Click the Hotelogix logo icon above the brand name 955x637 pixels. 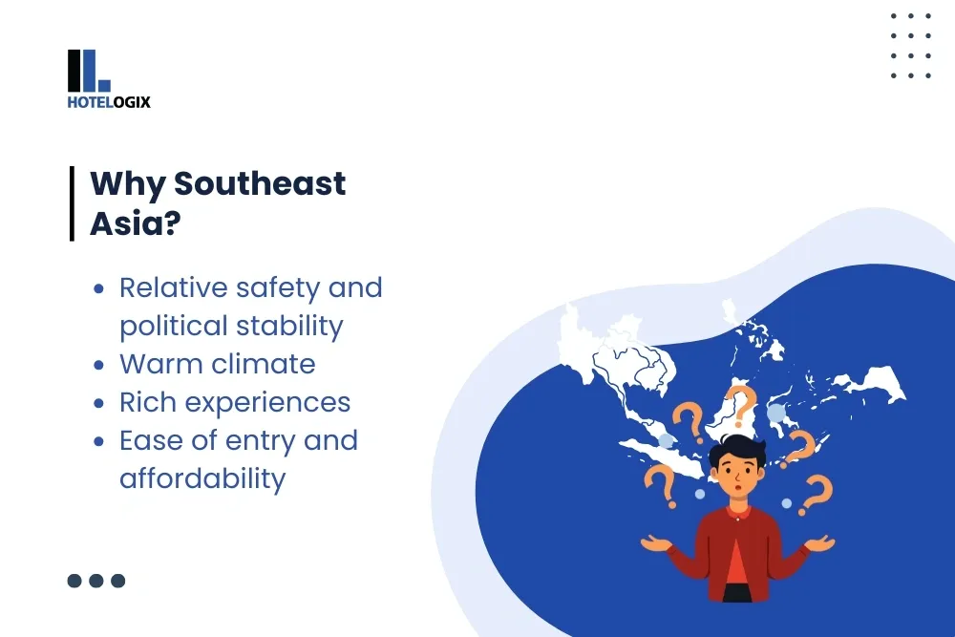89,71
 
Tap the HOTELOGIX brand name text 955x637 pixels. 109,102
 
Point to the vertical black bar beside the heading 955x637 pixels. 72,203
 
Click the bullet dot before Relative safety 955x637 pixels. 98,288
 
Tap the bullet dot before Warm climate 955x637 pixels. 98,365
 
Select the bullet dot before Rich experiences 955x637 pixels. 98,403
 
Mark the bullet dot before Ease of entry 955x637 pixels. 98,441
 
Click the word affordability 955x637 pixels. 202,478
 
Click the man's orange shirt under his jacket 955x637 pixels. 737,563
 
